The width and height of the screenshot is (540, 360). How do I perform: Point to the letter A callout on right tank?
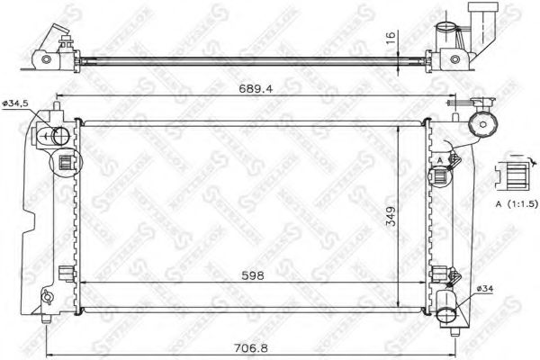pyautogui.click(x=438, y=159)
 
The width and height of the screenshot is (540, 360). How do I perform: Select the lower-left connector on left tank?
pyautogui.click(x=65, y=274)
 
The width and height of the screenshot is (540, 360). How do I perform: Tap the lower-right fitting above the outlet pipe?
pyautogui.click(x=439, y=274)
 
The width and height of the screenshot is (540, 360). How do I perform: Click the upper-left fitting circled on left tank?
pyautogui.click(x=65, y=163)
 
